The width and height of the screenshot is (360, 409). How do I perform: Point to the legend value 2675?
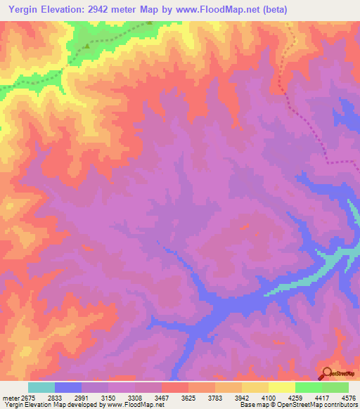(x=26, y=397)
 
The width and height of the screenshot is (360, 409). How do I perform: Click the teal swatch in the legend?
(x=41, y=387)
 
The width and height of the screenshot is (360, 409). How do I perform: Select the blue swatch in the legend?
(x=68, y=387)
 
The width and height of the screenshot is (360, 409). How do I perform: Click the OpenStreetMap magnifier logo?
(x=326, y=373)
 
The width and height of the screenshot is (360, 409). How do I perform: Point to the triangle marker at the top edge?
(x=149, y=22)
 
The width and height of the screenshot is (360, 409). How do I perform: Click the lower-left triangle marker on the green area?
(x=87, y=46)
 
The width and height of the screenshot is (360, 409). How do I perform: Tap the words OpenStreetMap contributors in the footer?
(x=323, y=405)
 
